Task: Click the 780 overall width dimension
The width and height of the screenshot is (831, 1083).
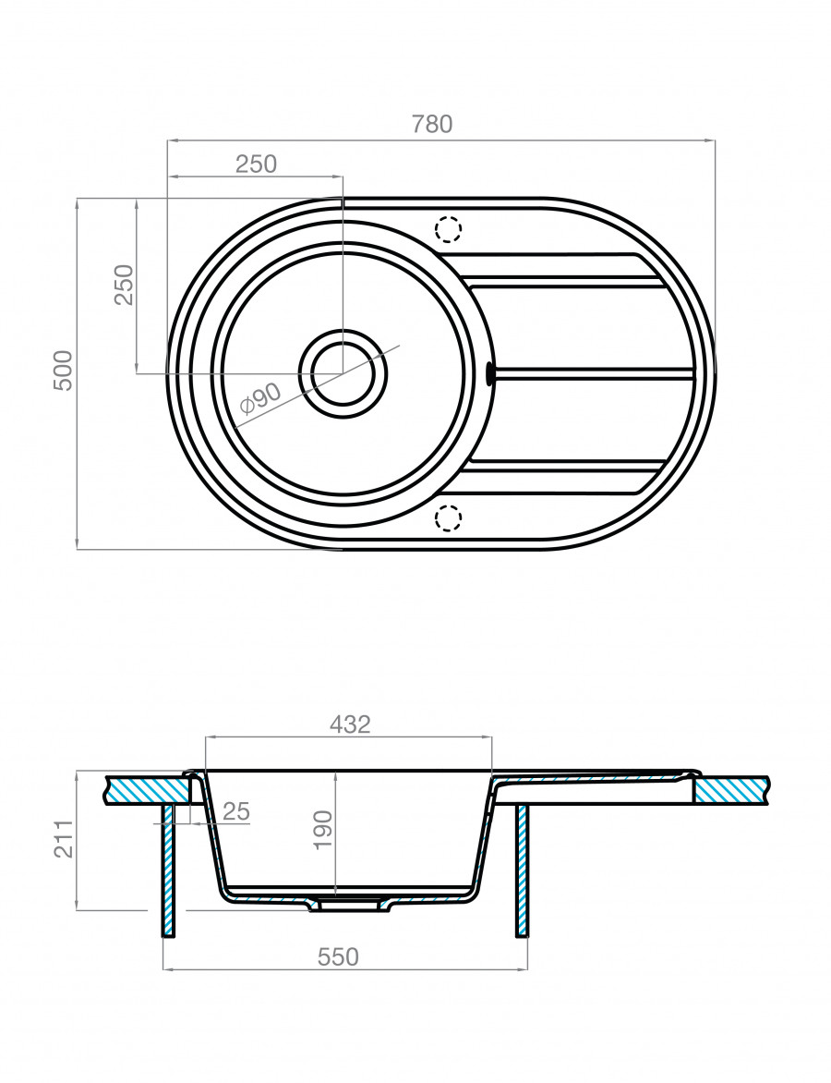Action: point(431,124)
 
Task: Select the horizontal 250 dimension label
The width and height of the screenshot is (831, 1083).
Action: point(256,164)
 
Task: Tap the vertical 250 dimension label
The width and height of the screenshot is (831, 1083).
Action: point(125,285)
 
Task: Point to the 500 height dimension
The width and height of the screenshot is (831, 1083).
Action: point(63,371)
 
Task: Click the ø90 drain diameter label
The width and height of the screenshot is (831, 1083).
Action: point(260,398)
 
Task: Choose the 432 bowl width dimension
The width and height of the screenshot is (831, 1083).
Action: point(350,724)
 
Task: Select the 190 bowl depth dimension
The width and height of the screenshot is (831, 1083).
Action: point(323,830)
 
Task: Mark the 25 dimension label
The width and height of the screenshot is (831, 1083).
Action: point(236,811)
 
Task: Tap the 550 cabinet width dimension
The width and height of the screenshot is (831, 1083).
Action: point(338,956)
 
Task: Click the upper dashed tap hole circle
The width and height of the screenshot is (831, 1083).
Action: point(448,228)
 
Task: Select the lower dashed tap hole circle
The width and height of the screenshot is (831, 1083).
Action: point(448,517)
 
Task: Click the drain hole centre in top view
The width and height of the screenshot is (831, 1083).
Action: point(343,373)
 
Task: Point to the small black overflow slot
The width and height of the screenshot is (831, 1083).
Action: point(490,373)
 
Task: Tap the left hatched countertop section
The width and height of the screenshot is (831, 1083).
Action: point(149,789)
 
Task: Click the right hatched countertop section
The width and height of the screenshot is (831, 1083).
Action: point(733,789)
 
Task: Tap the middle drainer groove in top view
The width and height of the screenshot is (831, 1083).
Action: point(594,373)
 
